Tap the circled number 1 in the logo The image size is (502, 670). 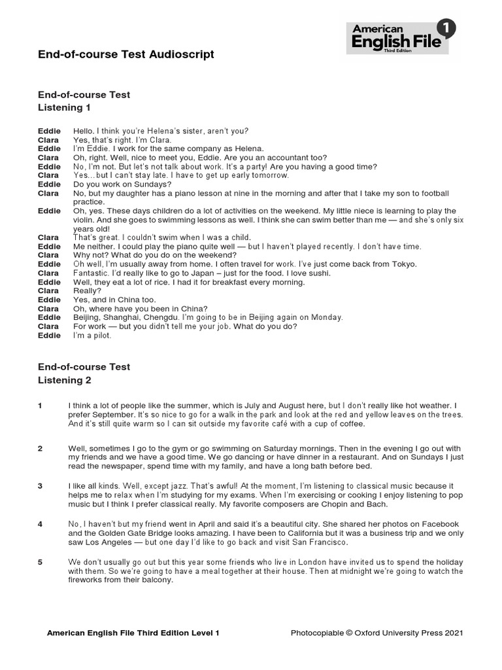tap(446, 28)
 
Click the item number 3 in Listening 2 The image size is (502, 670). tap(41, 486)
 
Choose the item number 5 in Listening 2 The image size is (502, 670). tap(41, 563)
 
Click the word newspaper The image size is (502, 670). tap(115, 467)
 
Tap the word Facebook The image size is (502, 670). tap(439, 525)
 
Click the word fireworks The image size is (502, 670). tap(89, 580)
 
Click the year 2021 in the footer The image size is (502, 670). tap(453, 633)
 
